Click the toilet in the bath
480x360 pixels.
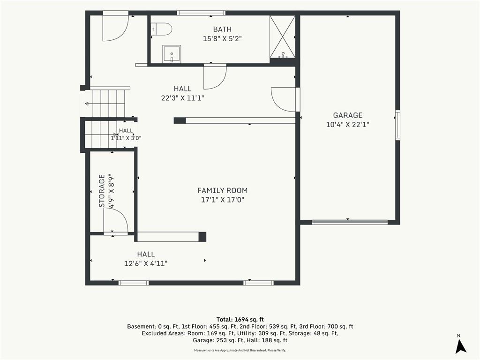pyautogui.click(x=162, y=29)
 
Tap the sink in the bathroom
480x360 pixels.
pyautogui.click(x=172, y=54)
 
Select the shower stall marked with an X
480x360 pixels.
pyautogui.click(x=283, y=37)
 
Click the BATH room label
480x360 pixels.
pyautogui.click(x=222, y=30)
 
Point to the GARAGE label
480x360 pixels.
pyautogui.click(x=348, y=115)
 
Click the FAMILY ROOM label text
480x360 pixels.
pyautogui.click(x=223, y=190)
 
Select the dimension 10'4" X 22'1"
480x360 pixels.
pyautogui.click(x=348, y=125)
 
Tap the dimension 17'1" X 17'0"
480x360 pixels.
pyautogui.click(x=223, y=200)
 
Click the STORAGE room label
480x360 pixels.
pyautogui.click(x=102, y=191)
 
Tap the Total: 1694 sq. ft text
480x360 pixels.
pyautogui.click(x=240, y=320)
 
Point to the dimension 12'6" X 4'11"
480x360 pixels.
pyautogui.click(x=146, y=263)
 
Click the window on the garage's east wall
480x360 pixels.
pyautogui.click(x=397, y=125)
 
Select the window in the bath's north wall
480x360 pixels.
pyautogui.click(x=201, y=13)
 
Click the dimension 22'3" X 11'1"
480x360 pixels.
pyautogui.click(x=182, y=98)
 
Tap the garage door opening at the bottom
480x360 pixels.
pyautogui.click(x=350, y=222)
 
